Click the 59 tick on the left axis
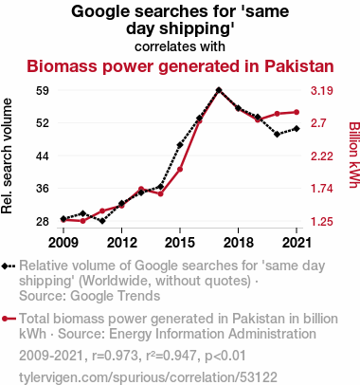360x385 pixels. [43, 91]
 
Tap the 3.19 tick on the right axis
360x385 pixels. [322, 91]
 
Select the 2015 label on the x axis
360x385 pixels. [180, 243]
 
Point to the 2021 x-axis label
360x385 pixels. [297, 243]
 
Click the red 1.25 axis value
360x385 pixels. [322, 222]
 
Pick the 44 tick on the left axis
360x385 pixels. [43, 156]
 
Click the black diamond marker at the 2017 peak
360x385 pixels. [219, 90]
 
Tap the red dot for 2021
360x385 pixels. [297, 112]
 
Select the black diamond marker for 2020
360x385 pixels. [277, 135]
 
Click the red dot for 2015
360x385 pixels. [180, 170]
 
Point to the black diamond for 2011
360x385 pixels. [102, 221]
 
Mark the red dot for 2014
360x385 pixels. [160, 193]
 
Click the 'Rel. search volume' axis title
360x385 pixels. [7, 156]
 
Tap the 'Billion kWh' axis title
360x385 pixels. [354, 155]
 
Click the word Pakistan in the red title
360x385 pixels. [299, 66]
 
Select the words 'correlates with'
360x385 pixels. [180, 46]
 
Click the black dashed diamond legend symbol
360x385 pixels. [9, 266]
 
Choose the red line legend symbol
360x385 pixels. [9, 319]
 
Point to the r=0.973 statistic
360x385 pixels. [115, 356]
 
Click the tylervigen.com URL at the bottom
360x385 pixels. [148, 377]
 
